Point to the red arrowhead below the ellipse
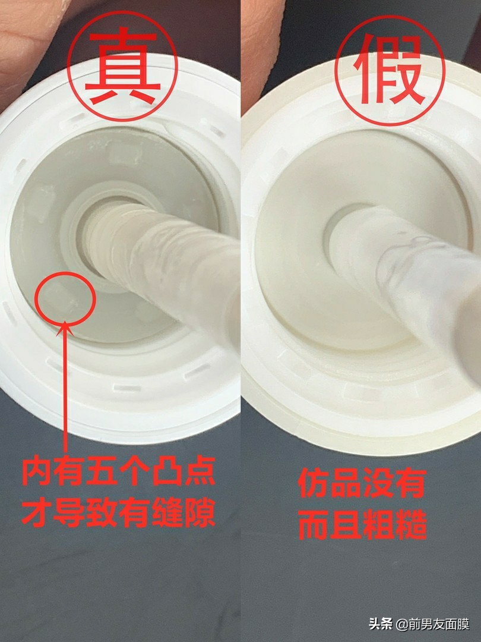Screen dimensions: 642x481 click(66, 326)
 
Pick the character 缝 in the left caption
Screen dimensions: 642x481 click(167, 512)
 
